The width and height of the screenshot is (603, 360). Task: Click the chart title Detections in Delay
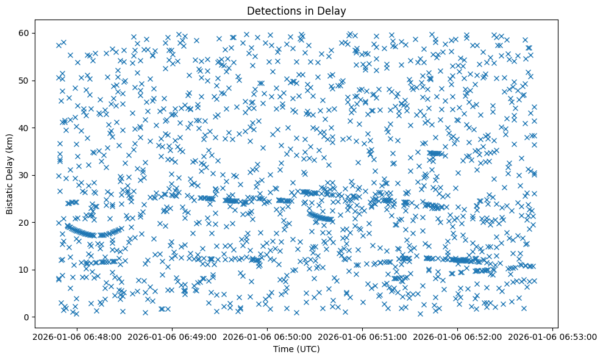(295, 10)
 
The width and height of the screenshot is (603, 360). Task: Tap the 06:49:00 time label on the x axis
(171, 336)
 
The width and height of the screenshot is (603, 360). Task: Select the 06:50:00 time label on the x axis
(267, 336)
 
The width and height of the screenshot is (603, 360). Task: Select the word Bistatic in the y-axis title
(10, 196)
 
